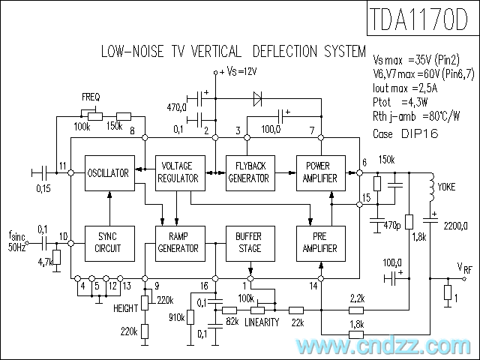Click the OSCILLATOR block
109,173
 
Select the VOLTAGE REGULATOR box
178,173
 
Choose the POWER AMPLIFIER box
320,173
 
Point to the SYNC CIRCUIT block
109,242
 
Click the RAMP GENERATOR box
178,242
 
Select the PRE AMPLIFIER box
320,242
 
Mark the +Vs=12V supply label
238,71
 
